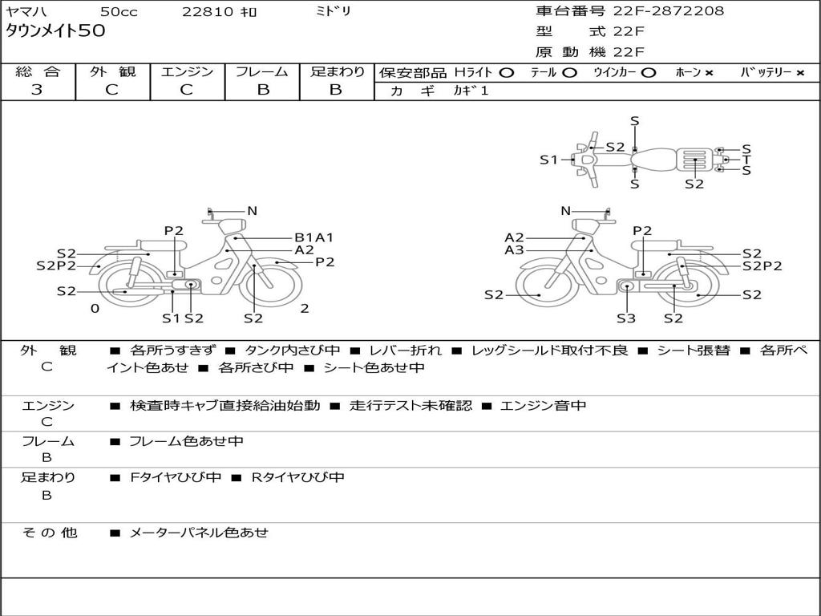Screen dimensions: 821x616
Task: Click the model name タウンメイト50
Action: coord(55,32)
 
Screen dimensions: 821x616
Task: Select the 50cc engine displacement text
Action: coord(119,12)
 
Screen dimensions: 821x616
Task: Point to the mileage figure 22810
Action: coord(208,12)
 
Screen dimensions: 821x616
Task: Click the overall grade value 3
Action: coord(37,90)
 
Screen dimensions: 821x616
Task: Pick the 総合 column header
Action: coord(37,72)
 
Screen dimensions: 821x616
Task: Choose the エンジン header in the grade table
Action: coord(187,72)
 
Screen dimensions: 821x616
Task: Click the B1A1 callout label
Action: coord(313,237)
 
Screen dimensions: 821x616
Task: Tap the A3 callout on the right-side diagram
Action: coord(514,250)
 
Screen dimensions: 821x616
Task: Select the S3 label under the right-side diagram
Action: coord(626,318)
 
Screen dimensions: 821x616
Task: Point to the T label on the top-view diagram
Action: coord(746,160)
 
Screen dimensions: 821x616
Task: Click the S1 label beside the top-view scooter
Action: coord(548,160)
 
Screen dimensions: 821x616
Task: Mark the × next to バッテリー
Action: coord(799,73)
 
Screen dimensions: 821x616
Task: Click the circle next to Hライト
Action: coord(506,73)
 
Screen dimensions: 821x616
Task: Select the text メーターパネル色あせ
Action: coord(199,532)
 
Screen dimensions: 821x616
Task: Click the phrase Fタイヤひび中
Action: coord(176,477)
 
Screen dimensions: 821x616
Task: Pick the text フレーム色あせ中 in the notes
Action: coord(186,441)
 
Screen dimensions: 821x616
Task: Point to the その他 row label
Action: coord(49,532)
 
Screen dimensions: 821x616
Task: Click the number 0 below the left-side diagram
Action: coord(95,309)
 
